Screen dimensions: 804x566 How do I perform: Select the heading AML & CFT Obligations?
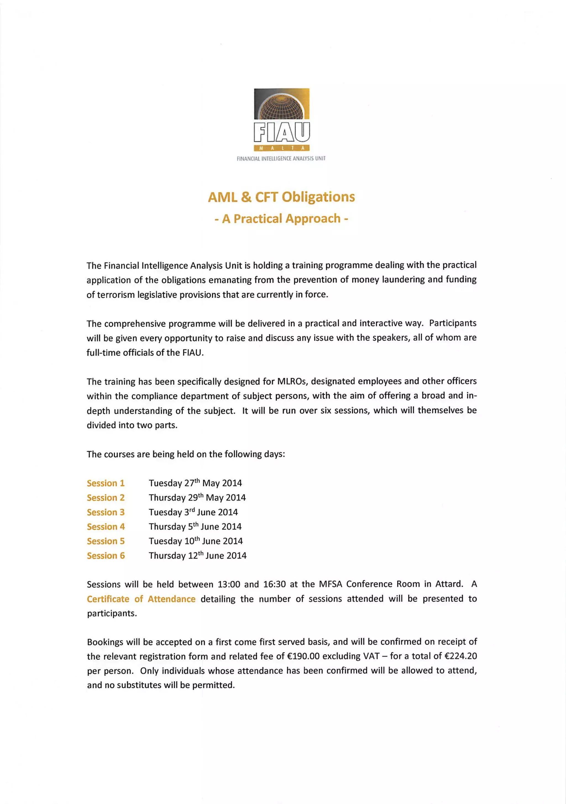pos(281,197)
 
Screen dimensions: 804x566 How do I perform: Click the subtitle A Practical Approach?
pos(281,218)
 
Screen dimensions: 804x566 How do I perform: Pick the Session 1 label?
pos(106,483)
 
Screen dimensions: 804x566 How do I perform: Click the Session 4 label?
pos(106,527)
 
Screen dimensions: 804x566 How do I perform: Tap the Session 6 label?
pos(106,556)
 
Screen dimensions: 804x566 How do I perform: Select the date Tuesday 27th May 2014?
pos(195,483)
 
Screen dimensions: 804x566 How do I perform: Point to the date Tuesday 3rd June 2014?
pos(193,512)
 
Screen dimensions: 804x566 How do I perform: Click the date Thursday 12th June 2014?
pos(198,556)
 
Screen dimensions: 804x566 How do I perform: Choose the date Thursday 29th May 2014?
pos(197,498)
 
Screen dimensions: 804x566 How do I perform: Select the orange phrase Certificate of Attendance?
pos(141,599)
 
